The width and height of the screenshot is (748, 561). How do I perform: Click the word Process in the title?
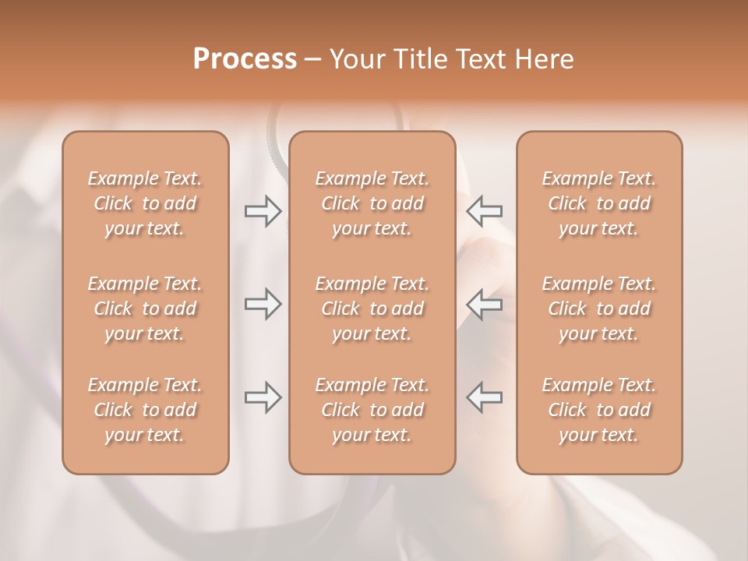245,59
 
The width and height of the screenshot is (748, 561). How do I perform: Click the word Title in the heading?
420,59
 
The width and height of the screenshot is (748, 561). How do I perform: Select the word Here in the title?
545,59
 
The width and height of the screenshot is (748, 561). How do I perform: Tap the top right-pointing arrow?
263,211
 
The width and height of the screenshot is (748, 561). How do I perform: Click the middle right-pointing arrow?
263,304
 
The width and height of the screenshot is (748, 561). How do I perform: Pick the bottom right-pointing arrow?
263,397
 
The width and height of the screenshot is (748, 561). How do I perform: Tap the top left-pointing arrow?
485,211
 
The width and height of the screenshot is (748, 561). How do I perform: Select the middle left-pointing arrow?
485,304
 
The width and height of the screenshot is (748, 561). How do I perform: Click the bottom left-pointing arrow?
485,397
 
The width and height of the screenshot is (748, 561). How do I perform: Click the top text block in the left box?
145,203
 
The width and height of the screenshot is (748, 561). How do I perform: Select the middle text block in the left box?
145,309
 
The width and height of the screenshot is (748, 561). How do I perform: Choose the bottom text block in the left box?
145,410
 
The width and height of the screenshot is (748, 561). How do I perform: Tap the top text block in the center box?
372,203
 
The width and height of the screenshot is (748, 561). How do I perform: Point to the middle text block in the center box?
372,309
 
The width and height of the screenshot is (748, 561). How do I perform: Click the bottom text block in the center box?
372,410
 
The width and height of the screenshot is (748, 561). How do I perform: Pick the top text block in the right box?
598,203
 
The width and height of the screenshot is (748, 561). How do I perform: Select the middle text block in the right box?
598,309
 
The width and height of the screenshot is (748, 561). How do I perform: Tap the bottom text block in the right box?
598,410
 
